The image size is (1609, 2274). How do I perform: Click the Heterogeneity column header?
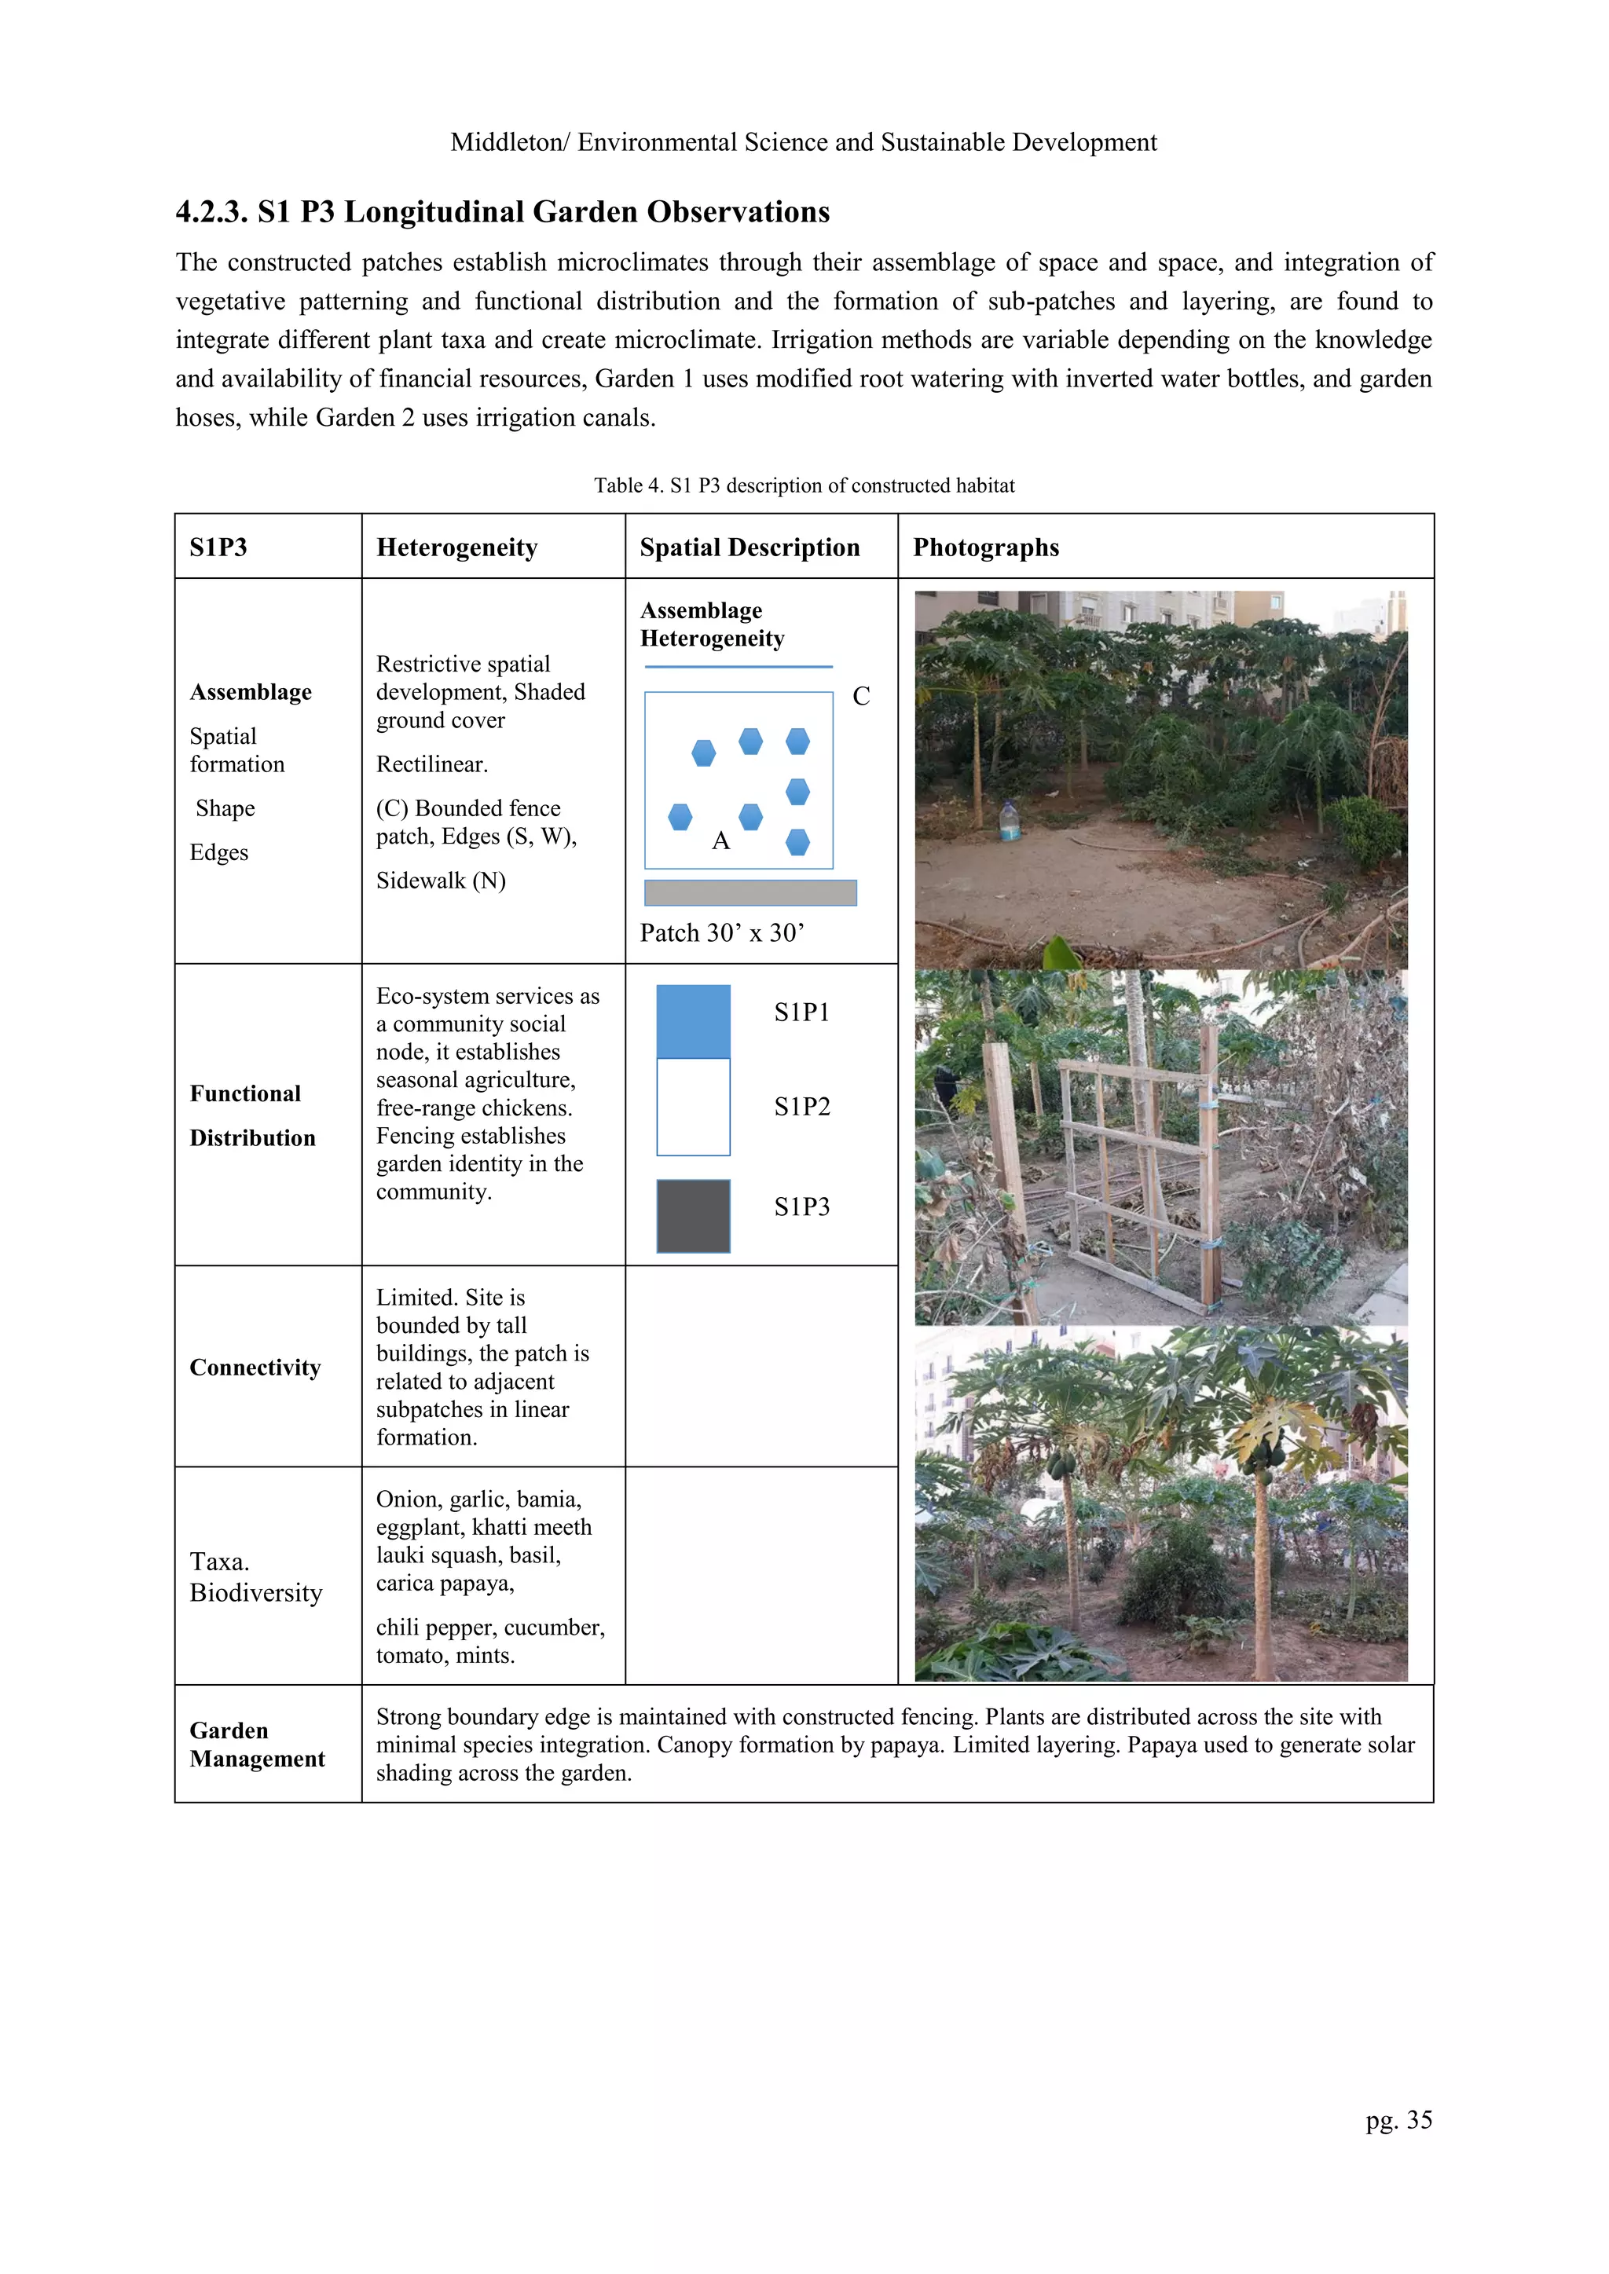456,547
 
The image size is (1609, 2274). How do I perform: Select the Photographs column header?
986,547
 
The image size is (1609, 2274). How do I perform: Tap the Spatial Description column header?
749,547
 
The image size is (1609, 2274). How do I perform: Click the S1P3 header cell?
218,547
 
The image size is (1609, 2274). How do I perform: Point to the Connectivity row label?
255,1368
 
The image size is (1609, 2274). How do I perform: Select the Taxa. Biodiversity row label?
255,1576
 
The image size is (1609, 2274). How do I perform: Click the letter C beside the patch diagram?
861,696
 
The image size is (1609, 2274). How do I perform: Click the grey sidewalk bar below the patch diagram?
750,892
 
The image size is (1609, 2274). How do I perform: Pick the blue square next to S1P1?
694,1021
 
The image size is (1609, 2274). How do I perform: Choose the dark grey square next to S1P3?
694,1216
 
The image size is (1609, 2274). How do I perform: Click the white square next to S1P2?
694,1108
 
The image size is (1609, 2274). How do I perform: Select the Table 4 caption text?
804,485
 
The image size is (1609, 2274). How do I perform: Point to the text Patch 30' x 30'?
721,933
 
